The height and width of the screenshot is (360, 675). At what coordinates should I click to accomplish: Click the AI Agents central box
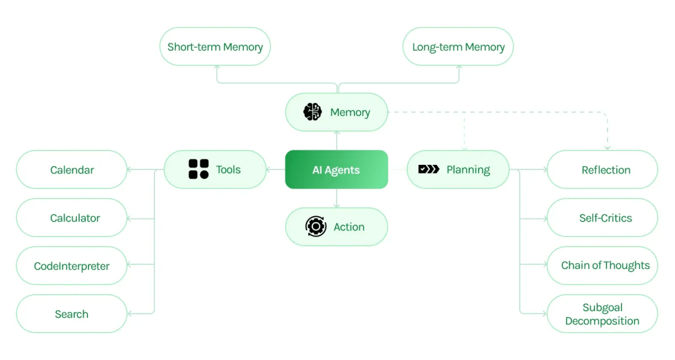click(336, 169)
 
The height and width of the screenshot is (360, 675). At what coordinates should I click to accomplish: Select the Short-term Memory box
click(215, 47)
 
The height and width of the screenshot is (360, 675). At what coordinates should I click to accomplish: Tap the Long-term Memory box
click(458, 47)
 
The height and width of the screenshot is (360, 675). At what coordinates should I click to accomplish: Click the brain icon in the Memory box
click(312, 112)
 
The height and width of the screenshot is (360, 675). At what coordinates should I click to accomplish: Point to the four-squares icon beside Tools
click(198, 169)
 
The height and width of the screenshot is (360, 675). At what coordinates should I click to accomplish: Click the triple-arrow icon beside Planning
click(428, 169)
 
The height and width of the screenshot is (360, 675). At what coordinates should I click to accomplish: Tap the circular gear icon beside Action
click(316, 227)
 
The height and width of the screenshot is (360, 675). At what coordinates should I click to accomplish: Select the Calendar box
click(72, 169)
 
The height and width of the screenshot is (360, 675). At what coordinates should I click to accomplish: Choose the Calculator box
click(72, 218)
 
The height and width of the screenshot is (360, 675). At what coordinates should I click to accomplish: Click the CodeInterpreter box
click(72, 266)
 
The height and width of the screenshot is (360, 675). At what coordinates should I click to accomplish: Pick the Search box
click(72, 314)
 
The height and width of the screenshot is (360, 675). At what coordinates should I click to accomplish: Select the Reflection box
click(602, 169)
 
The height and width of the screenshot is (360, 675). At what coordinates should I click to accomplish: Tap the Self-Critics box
click(602, 218)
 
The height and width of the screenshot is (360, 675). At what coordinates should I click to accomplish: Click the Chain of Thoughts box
click(602, 266)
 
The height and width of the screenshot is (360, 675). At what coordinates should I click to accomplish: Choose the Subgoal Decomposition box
click(602, 314)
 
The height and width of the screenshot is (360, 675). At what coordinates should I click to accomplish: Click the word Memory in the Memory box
click(350, 112)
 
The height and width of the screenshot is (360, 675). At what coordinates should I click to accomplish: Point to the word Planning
click(468, 169)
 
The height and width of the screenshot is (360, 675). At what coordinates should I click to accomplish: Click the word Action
click(349, 227)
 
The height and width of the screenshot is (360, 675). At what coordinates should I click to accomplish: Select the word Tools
click(228, 169)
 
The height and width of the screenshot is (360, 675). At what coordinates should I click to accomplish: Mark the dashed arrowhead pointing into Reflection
click(607, 147)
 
